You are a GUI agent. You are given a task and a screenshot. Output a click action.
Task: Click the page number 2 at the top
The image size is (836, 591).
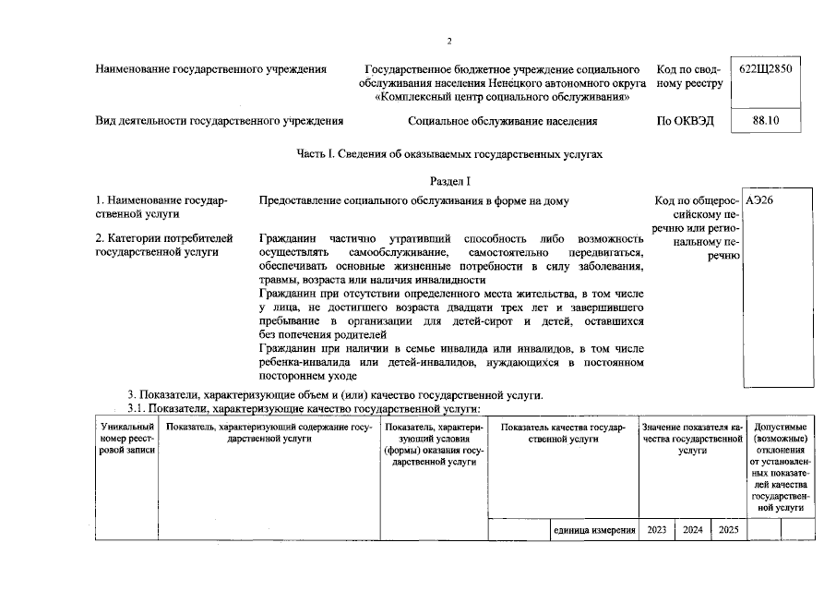448,41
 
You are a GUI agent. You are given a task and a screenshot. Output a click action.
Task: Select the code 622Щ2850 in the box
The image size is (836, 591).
765,69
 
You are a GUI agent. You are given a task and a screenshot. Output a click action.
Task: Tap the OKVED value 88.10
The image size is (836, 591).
765,121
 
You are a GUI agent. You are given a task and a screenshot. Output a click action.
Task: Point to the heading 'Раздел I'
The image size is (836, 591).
449,180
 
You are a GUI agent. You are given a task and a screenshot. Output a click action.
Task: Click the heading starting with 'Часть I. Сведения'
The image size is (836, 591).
449,154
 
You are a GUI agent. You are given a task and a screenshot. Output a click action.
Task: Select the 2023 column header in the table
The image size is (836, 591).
657,530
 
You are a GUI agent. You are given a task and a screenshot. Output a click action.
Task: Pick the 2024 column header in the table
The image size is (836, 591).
692,530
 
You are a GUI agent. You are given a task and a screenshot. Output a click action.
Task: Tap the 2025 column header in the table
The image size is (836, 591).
728,530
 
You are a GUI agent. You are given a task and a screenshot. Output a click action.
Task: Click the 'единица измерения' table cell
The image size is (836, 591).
594,530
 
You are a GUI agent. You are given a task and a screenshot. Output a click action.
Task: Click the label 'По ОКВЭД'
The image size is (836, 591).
685,121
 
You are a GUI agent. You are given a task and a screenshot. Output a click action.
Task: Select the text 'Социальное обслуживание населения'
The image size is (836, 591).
502,121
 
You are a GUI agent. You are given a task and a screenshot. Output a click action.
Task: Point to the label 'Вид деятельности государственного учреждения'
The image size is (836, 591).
220,121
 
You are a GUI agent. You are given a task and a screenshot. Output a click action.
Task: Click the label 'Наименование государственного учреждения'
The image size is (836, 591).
211,69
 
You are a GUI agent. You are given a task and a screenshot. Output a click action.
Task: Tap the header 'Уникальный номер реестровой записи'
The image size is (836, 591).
126,439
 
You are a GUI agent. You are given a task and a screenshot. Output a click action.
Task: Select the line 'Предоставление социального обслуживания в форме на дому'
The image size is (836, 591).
414,200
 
